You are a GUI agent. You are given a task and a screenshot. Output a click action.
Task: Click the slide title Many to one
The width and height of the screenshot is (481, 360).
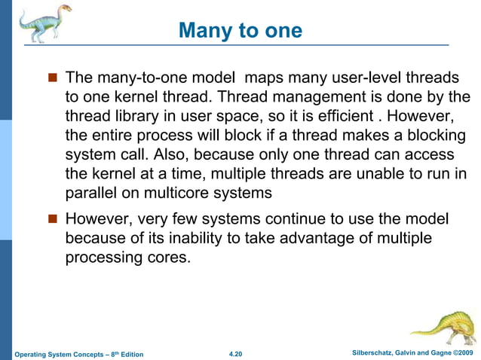point(240,31)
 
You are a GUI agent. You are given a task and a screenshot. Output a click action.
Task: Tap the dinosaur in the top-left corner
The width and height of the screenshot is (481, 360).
point(42,23)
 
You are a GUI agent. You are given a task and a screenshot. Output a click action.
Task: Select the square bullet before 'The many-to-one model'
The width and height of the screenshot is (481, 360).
point(53,78)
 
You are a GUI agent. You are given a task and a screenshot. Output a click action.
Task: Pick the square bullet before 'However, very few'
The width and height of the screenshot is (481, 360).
point(53,220)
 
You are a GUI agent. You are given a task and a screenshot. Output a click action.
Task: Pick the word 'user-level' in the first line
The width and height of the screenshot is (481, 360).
point(363,78)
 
